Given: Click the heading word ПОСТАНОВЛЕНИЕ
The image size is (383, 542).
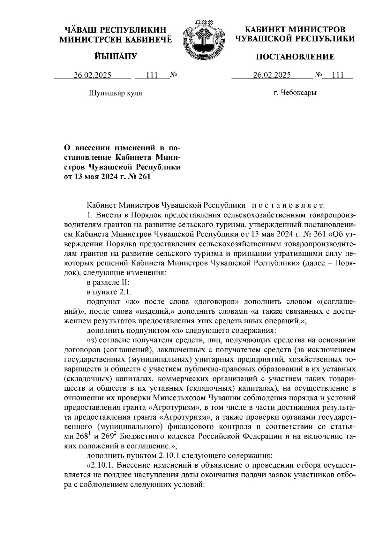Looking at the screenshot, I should tap(296, 57).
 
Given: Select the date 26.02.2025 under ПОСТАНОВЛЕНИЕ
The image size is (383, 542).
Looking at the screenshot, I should tap(272, 75).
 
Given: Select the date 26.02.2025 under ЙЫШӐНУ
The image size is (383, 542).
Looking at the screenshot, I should tap(93, 75).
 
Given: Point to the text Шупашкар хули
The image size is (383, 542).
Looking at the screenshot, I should tap(115, 93).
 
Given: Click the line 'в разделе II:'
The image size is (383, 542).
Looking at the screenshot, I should tap(108, 282).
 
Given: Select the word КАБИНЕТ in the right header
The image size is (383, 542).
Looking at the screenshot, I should tap(264, 30).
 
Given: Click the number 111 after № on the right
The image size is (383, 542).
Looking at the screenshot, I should tap(337, 75).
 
